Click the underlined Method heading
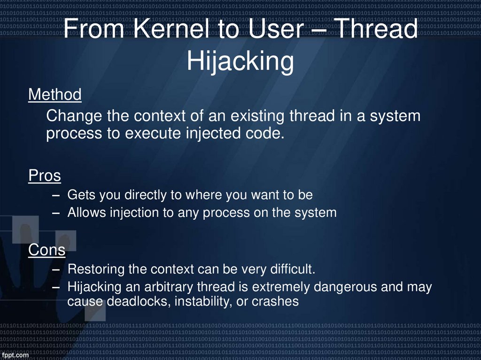pyautogui.click(x=54, y=95)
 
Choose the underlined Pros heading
pyautogui.click(x=45, y=176)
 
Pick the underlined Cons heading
pyautogui.click(x=47, y=250)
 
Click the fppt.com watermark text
pyautogui.click(x=15, y=355)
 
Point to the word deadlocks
pyautogui.click(x=139, y=301)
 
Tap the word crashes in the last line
pyautogui.click(x=275, y=301)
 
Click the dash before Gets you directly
pyautogui.click(x=56, y=195)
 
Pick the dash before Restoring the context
pyautogui.click(x=56, y=270)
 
